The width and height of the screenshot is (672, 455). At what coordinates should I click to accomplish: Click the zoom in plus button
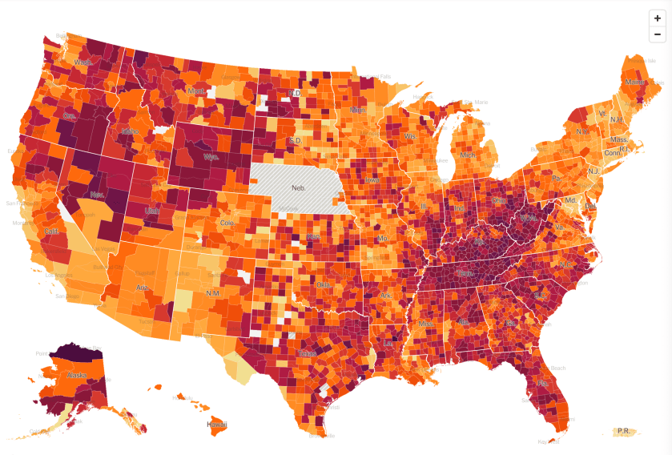click(657, 18)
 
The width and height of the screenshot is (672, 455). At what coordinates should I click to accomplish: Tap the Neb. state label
click(299, 187)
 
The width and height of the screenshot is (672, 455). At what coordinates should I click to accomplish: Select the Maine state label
click(634, 82)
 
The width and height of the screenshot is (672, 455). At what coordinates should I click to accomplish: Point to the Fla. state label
click(543, 383)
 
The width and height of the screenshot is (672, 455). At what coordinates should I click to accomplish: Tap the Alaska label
click(76, 374)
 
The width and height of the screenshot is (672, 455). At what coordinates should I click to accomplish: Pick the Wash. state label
click(82, 62)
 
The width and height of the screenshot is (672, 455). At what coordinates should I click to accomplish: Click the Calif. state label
click(51, 232)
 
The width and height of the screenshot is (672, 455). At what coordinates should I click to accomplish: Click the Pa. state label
click(556, 177)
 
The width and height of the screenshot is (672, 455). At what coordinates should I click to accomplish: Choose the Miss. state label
click(425, 323)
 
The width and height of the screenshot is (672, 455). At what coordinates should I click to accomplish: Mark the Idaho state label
click(130, 131)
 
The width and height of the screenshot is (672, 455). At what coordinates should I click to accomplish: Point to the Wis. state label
click(411, 136)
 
